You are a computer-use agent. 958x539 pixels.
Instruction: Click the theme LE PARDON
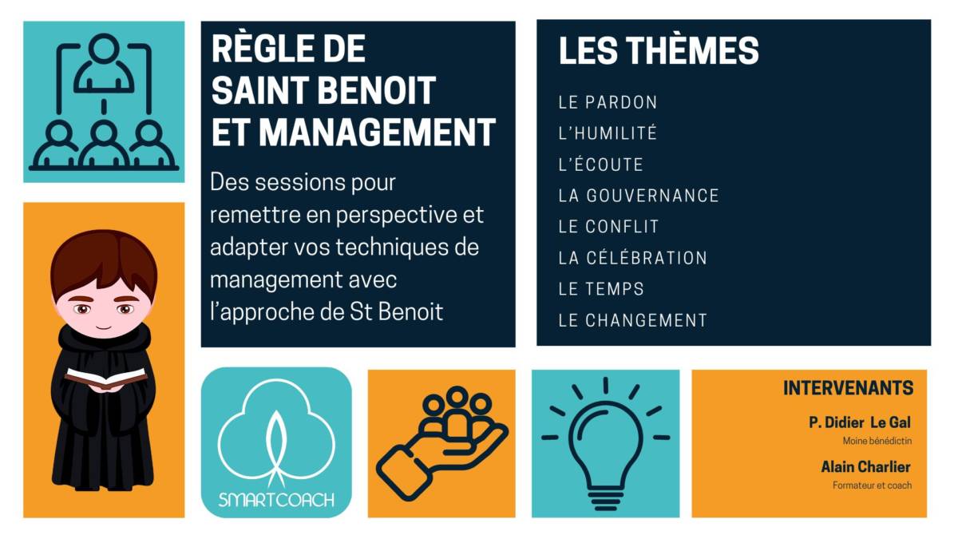point(608,102)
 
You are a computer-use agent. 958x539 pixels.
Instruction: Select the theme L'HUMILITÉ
point(608,133)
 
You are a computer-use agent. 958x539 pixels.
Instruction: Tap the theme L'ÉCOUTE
point(600,164)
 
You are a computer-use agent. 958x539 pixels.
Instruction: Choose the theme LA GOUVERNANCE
point(639,196)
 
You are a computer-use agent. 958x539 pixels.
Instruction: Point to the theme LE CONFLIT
point(608,227)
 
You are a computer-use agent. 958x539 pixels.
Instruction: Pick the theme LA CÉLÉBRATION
point(632,257)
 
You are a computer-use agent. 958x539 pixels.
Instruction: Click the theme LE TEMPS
point(601,289)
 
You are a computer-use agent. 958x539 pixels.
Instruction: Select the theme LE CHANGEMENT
point(632,320)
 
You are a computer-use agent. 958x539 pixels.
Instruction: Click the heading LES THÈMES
point(659,50)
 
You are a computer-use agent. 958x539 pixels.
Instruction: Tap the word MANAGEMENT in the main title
point(377,133)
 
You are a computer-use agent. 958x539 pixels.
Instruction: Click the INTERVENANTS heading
point(848,388)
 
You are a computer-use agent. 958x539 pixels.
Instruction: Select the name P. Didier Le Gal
point(860,422)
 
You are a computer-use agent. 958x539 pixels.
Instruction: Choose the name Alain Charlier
point(865,466)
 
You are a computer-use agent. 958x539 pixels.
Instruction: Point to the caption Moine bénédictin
point(877,441)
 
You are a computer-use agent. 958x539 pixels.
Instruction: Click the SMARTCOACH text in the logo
point(276,500)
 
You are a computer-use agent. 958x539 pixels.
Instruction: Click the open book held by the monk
point(105,378)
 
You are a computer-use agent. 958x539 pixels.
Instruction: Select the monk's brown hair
point(104,262)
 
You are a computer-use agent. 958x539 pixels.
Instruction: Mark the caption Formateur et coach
point(872,485)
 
